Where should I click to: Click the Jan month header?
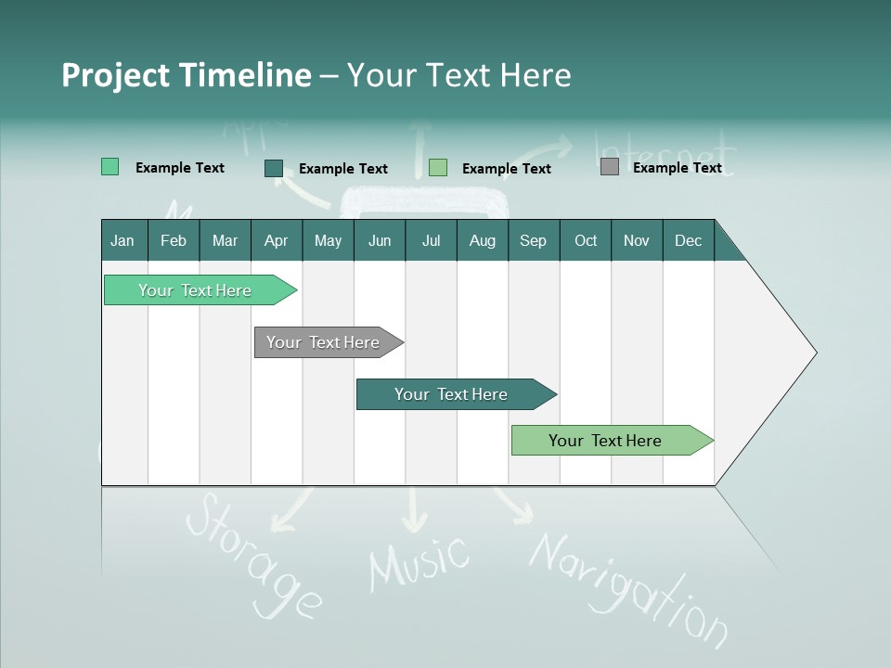coord(123,240)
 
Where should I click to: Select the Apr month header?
coord(276,240)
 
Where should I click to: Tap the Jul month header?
coord(431,240)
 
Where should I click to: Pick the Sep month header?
coord(533,240)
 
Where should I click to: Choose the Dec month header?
coord(688,240)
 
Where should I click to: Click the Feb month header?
coord(174,240)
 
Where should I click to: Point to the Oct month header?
coord(586,240)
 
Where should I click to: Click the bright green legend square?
coord(110,167)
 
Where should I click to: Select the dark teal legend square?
coord(274,168)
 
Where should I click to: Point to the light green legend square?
coord(438,168)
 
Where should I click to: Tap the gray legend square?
coord(610,167)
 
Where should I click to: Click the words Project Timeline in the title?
coord(187,75)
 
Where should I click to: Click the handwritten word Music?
coord(418,561)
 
